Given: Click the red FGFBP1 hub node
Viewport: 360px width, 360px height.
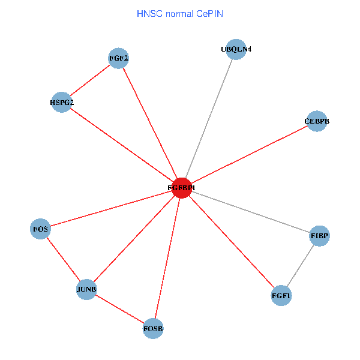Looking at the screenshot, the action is (181, 188).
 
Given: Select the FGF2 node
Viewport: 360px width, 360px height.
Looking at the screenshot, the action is (119, 58).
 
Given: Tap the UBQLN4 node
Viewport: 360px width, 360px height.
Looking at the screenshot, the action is (236, 49).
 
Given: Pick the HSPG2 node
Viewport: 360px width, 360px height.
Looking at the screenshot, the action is (62, 103).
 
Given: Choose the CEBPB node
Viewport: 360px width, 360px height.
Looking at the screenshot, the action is (317, 121).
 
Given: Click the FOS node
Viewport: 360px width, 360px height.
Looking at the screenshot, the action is (40, 229).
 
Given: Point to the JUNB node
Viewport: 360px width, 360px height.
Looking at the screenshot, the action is (86, 290).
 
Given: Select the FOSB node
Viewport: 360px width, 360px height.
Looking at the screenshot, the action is (153, 328).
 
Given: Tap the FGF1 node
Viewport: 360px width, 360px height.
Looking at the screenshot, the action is (281, 296).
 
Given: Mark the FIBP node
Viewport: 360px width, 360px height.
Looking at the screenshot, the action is (319, 236).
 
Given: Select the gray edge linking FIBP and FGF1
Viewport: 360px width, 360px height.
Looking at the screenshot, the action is (301, 266).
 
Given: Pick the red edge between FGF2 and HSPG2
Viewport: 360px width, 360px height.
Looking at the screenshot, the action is (90, 80).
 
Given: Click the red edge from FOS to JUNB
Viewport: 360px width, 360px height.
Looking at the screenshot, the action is (63, 259).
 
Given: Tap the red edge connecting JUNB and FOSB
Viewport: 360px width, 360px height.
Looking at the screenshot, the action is (120, 309).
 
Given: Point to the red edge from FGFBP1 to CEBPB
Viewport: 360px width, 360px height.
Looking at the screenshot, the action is (249, 154).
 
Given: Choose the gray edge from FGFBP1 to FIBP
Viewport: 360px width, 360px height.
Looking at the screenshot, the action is (250, 212).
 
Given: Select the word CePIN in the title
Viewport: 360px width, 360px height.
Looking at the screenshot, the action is (209, 13).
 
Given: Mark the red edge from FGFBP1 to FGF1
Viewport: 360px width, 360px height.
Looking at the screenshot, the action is (231, 242).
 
